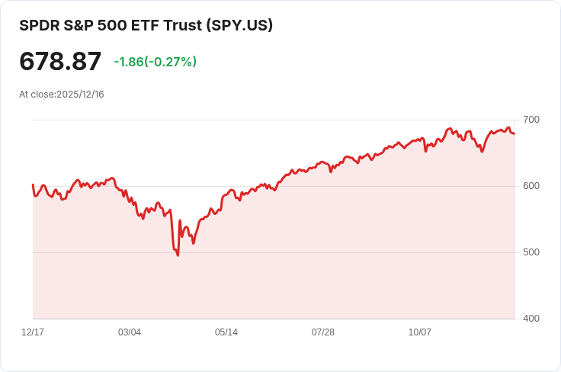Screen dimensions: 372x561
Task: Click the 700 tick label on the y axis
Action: (531, 120)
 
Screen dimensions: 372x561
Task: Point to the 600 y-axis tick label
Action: (531, 186)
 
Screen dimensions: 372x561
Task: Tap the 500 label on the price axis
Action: (531, 252)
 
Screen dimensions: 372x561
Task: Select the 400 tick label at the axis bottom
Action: (531, 319)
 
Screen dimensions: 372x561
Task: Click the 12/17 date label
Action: (33, 332)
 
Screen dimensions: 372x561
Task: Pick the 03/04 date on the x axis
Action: (130, 332)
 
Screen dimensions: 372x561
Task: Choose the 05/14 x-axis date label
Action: (226, 332)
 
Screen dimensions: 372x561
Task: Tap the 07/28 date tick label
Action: (323, 332)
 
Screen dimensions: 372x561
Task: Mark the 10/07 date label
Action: (420, 332)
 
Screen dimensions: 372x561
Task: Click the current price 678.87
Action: (60, 62)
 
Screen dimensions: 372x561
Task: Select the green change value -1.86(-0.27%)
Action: (155, 62)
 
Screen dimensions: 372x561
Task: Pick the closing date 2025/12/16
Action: (80, 95)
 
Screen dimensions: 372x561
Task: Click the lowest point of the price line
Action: (178, 255)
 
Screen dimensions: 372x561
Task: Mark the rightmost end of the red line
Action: (515, 134)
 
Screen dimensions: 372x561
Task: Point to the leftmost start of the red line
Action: (33, 184)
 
